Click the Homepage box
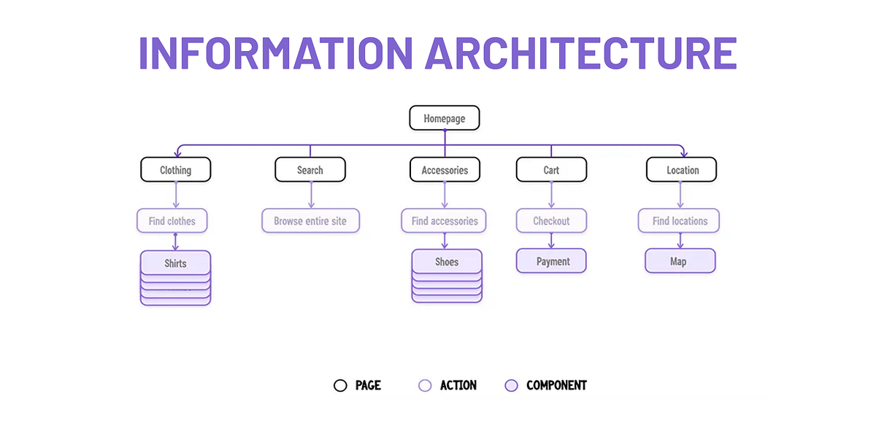pos(444,118)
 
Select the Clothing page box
pos(175,170)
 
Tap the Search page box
pos(310,170)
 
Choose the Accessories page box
pos(445,170)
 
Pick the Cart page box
pos(551,170)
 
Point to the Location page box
pos(682,170)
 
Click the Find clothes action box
pos(172,220)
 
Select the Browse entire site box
pos(310,220)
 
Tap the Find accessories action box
pos(444,220)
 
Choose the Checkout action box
pos(551,220)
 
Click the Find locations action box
pos(680,220)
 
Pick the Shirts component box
pos(175,263)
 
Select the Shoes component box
pos(447,261)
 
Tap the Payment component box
pos(551,261)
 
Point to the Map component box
pos(680,261)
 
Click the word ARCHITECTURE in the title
pos(581,53)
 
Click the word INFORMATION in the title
pos(276,53)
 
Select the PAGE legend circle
pos(340,385)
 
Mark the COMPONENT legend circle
pos(511,385)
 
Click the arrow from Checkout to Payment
pos(551,241)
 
